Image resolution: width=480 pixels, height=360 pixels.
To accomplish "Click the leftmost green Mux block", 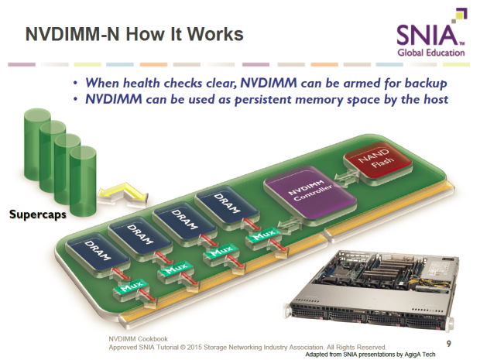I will tap(125, 290).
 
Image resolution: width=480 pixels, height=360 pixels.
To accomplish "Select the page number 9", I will tap(450, 341).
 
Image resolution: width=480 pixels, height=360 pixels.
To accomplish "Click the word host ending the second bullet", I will tap(435, 99).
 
